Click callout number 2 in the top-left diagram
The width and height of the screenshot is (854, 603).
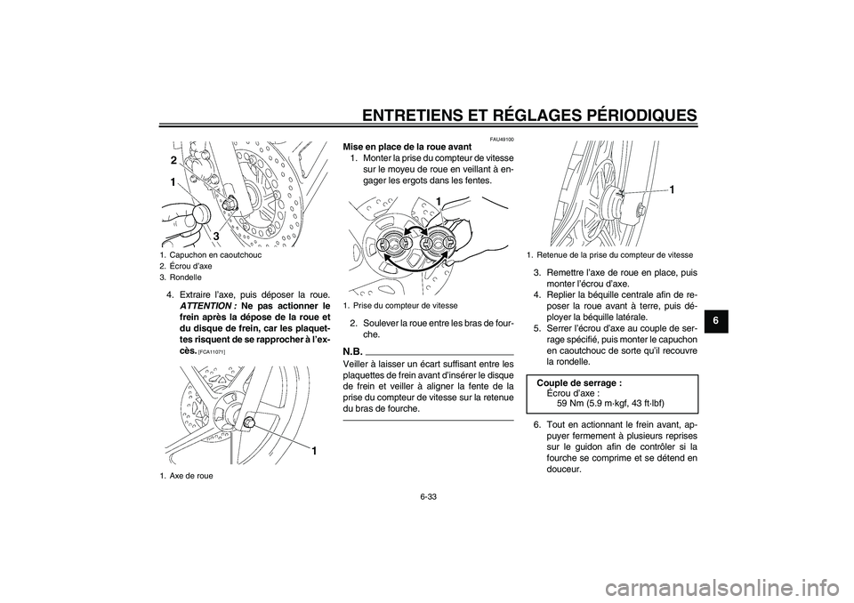pyautogui.click(x=165, y=160)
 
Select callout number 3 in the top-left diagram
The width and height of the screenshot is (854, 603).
pyautogui.click(x=214, y=235)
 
